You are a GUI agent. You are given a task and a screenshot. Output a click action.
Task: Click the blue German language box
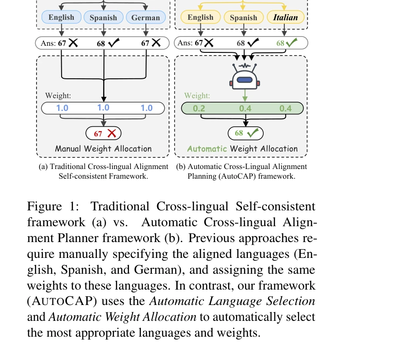coord(146,18)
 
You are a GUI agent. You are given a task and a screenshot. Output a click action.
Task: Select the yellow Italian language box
coord(285,18)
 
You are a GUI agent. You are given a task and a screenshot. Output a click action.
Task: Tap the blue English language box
coord(62,18)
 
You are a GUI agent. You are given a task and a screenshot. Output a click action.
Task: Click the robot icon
coord(245,79)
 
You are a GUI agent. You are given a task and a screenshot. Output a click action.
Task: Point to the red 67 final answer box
coord(103,133)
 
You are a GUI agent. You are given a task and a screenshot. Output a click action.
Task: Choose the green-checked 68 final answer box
coord(245,133)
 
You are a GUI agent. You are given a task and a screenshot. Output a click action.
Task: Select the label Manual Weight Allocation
coord(103,149)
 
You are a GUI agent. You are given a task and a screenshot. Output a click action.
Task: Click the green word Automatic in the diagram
coord(206,149)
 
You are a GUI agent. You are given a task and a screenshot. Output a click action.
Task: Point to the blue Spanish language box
coord(103,18)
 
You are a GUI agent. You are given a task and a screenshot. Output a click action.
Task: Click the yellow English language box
coord(200,18)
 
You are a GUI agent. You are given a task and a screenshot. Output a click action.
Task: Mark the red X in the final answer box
coord(112,133)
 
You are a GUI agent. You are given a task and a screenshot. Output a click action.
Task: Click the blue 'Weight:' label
coord(58,96)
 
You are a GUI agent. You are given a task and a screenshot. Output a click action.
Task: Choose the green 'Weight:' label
coord(197,96)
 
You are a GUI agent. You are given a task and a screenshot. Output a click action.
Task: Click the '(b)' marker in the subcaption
coord(181,167)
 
